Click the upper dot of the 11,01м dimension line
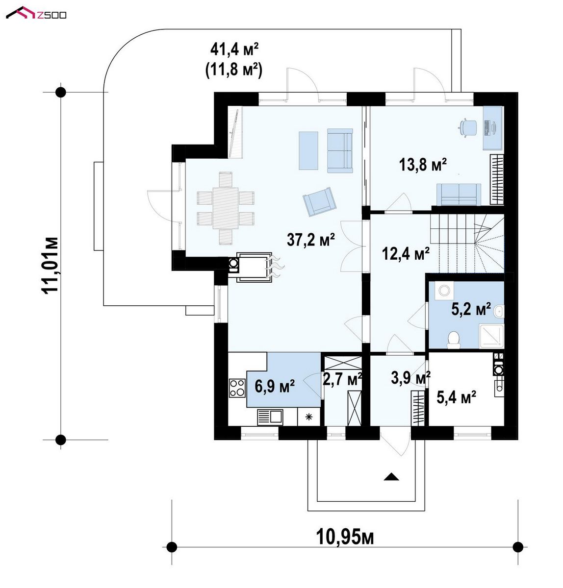point(61,92)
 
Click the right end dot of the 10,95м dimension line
point(518,547)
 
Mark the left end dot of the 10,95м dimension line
point(172,547)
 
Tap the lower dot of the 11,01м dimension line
point(61,440)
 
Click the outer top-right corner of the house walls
point(518,92)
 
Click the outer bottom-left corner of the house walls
point(214,440)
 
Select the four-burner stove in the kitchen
point(237,388)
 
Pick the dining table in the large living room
point(225,208)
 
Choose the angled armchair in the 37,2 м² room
point(319,201)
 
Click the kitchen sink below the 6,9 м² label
point(270,417)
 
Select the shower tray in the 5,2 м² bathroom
point(491,337)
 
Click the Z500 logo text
point(51,15)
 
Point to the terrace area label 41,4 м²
point(234,49)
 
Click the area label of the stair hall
point(406,253)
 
